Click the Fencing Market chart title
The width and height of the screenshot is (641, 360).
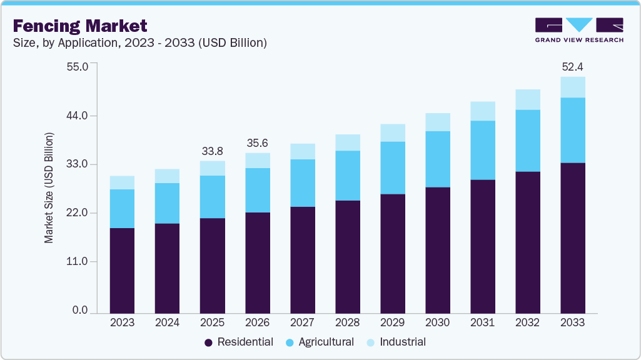tap(80, 26)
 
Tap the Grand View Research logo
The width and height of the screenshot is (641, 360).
tap(578, 30)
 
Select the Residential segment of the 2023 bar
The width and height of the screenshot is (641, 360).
tap(122, 270)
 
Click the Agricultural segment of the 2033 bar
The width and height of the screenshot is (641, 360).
tap(572, 130)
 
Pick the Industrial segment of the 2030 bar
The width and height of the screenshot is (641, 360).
tap(437, 122)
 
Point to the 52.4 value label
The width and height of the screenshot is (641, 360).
tap(572, 67)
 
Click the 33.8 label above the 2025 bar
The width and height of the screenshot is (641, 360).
tap(212, 151)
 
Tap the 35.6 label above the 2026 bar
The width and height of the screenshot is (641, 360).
tap(257, 143)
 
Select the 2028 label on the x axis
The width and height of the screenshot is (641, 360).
tap(347, 322)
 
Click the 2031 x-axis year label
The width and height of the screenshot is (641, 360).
tap(482, 322)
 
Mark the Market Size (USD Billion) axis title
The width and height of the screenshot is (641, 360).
tap(49, 188)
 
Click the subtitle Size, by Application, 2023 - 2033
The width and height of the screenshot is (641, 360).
tap(140, 43)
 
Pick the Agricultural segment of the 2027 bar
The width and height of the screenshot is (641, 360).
tap(302, 182)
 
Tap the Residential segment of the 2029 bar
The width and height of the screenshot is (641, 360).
tap(392, 253)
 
